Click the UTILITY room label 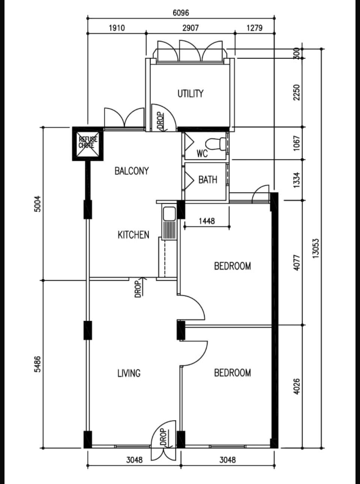(x=190, y=94)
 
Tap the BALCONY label (x=132, y=171)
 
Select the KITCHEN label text (x=133, y=235)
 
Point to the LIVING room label (x=129, y=373)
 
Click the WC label (x=202, y=154)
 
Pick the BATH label (x=208, y=180)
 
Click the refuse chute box (x=88, y=144)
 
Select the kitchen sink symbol (x=169, y=223)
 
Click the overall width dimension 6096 (x=181, y=13)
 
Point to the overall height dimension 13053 (x=316, y=249)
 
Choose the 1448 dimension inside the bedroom (x=207, y=221)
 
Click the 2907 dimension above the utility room (x=190, y=28)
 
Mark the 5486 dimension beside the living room (x=38, y=364)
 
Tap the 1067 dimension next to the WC (x=297, y=143)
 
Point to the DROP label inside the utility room (x=160, y=121)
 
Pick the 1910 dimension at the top (x=117, y=28)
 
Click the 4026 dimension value (x=297, y=386)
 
